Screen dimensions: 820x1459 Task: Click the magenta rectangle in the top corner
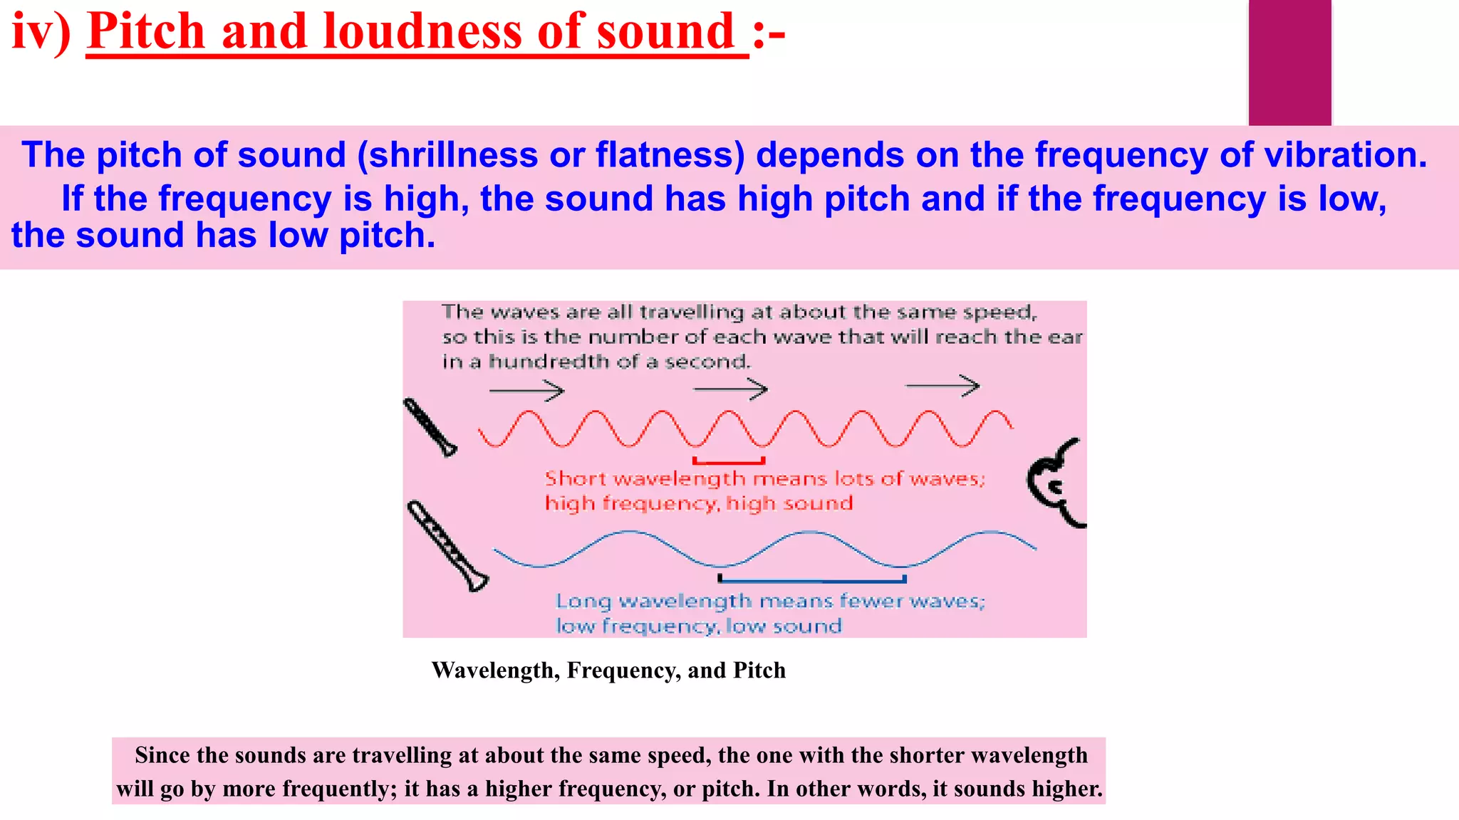[1289, 63]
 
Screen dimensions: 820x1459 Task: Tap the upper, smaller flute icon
[430, 427]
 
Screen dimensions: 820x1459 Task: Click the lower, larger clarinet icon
[447, 547]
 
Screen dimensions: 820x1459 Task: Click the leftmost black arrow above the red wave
[526, 390]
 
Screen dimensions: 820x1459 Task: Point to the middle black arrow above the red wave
[730, 389]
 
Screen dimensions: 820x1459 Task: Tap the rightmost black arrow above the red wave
[943, 387]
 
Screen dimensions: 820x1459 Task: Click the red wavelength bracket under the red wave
[729, 462]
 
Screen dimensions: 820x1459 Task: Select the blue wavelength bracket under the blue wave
[812, 579]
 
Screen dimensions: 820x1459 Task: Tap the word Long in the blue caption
[583, 601]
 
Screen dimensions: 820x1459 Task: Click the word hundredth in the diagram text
[549, 362]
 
